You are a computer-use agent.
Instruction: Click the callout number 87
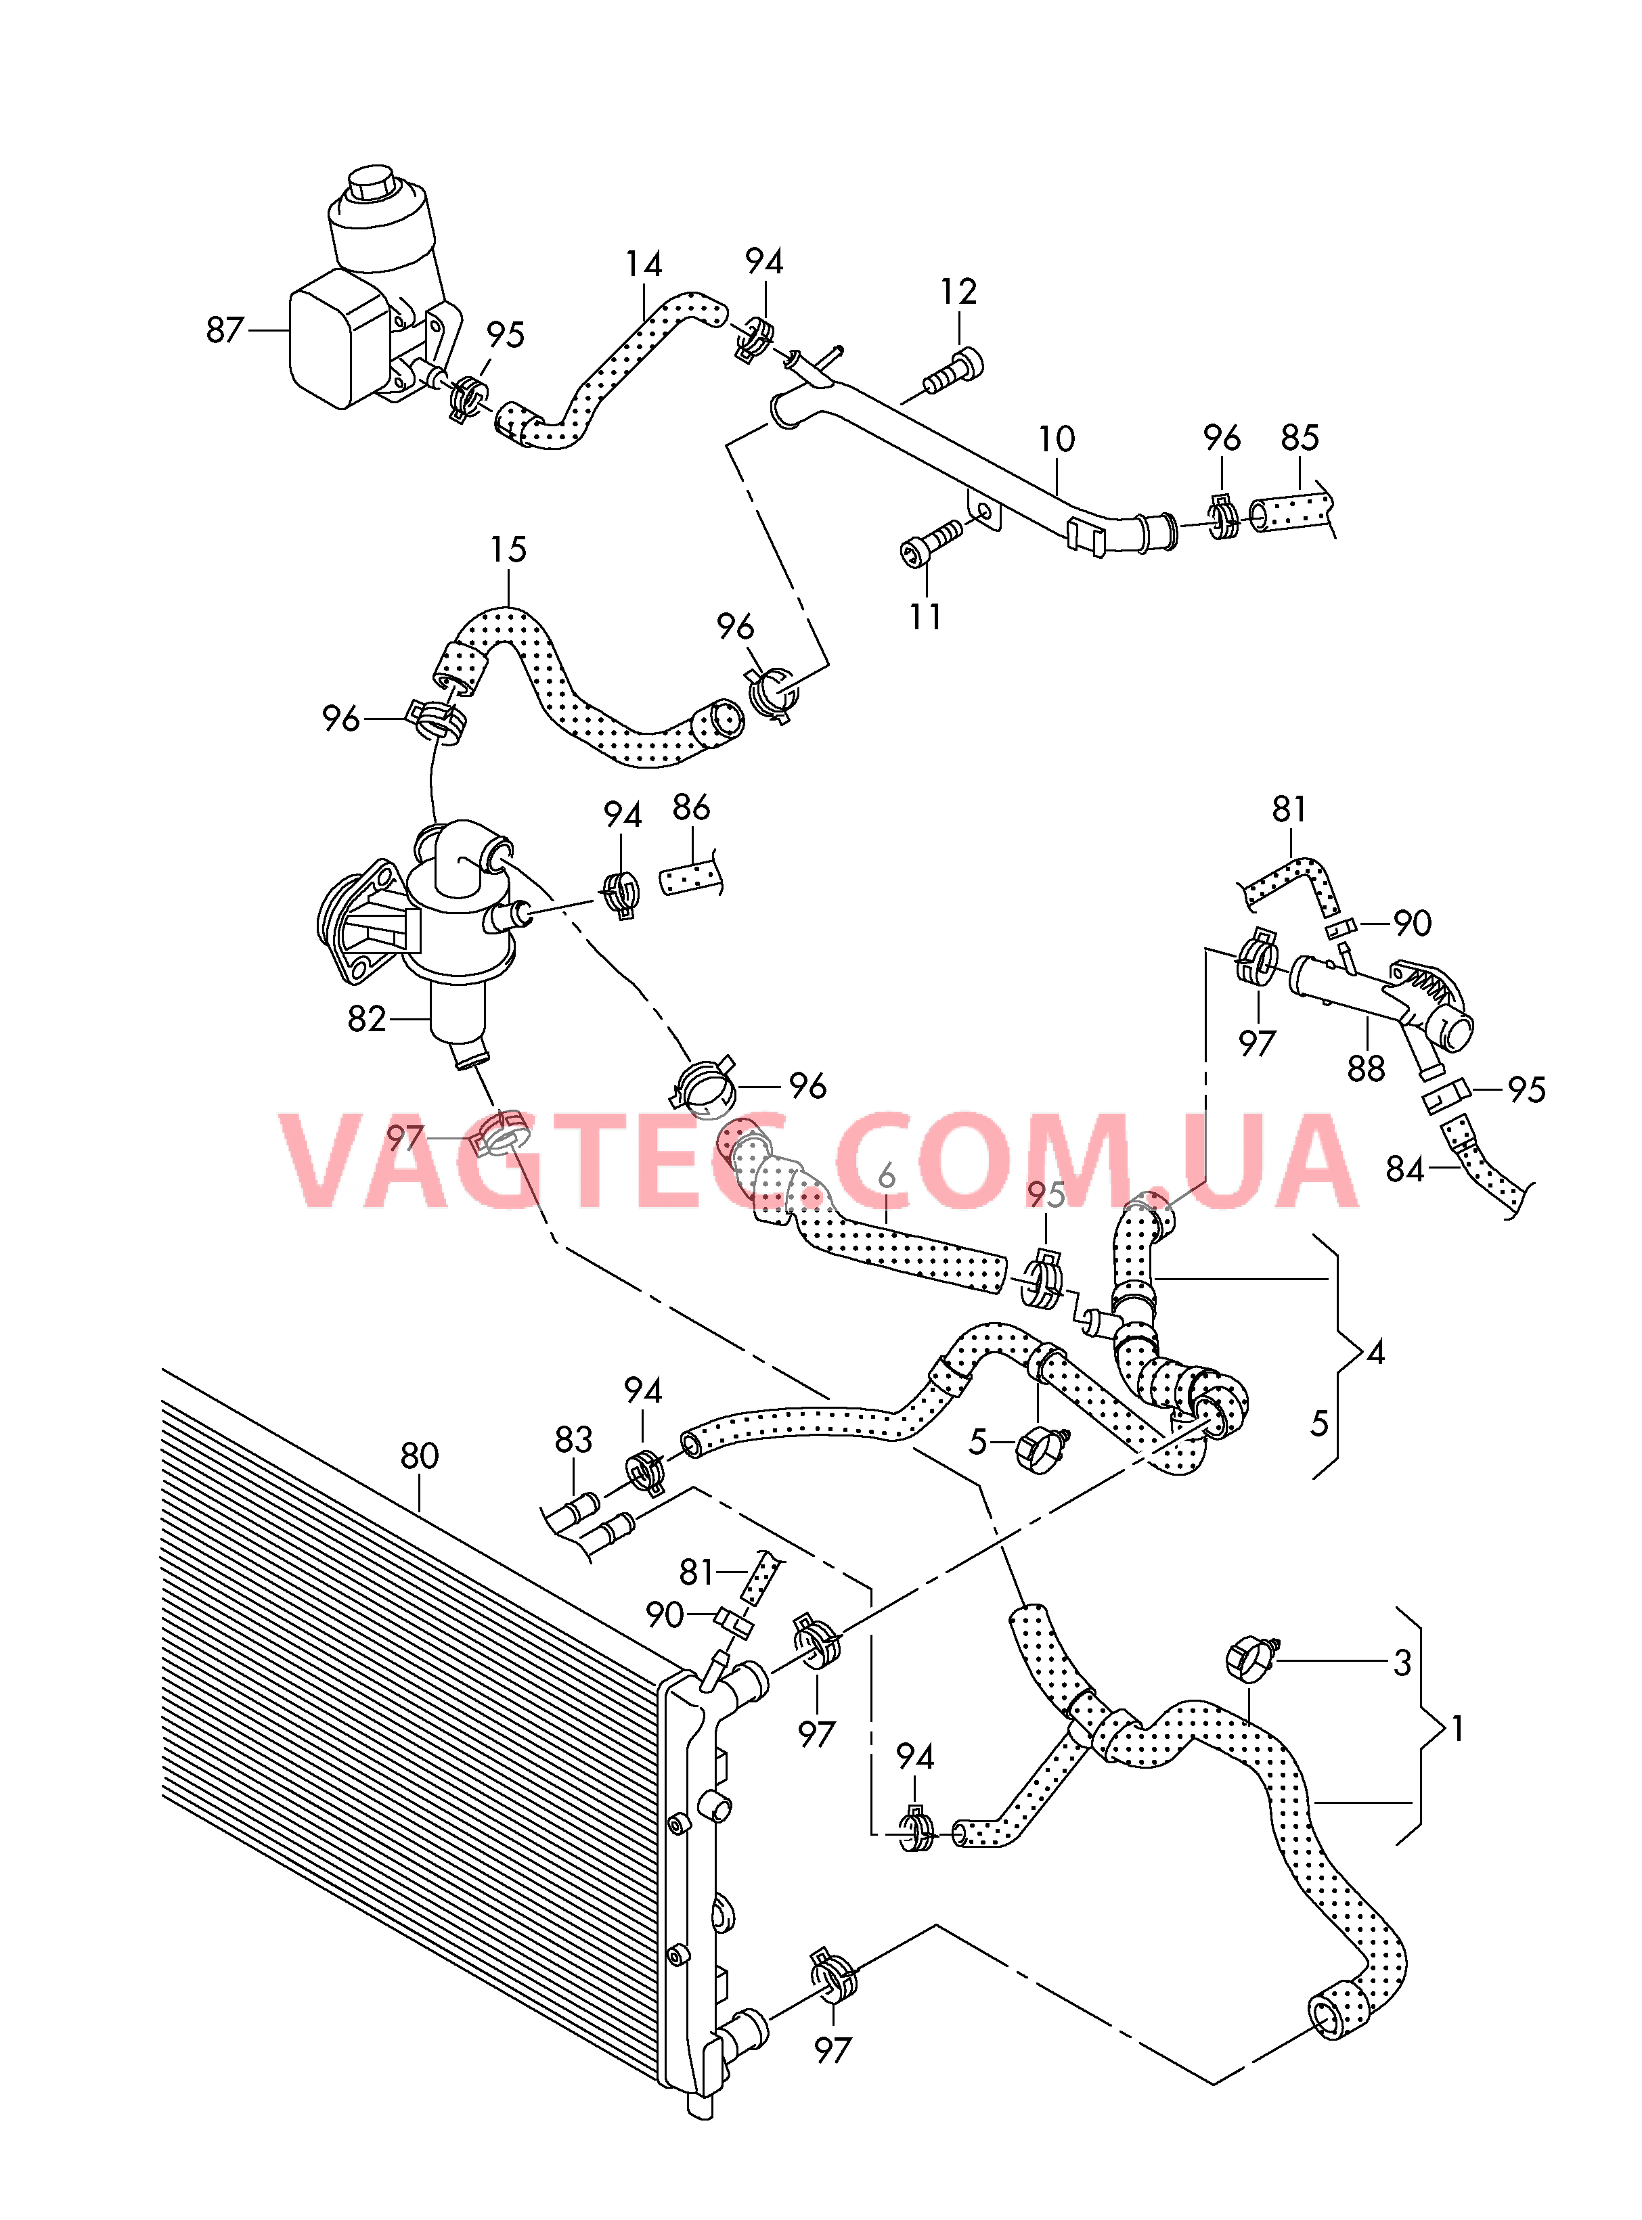coord(225,330)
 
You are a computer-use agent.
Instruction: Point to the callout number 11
coord(925,616)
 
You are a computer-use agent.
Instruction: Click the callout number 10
coord(1057,438)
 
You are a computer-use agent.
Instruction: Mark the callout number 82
coord(367,1018)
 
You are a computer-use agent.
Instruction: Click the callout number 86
coord(691,807)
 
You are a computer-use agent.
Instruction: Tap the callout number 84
coord(1404,1170)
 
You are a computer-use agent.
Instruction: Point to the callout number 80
coord(420,1456)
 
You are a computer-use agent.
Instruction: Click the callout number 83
coord(573,1439)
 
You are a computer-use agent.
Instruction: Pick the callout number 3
coord(1402,1662)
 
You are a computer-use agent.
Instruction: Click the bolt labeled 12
coord(954,373)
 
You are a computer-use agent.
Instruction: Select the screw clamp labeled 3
coord(1250,1658)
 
